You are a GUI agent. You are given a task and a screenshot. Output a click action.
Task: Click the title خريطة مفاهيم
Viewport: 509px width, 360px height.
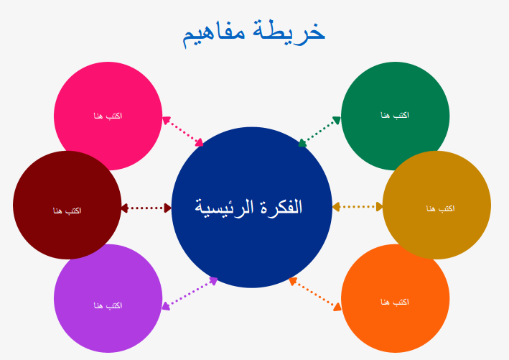(x=254, y=33)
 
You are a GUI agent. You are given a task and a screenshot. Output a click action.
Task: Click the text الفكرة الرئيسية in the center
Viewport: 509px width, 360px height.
(x=248, y=207)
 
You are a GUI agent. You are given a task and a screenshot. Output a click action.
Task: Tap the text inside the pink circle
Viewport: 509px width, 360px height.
(x=108, y=116)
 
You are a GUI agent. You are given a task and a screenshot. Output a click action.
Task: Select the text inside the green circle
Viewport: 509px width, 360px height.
(x=395, y=115)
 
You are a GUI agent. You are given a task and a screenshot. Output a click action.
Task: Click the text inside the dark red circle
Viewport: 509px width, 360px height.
(x=67, y=211)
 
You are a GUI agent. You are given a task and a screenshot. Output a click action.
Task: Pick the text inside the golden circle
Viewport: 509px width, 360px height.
(x=440, y=208)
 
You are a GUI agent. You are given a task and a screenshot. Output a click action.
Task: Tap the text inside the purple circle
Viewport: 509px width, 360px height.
(x=108, y=305)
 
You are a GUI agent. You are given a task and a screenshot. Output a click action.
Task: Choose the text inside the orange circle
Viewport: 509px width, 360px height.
(x=395, y=303)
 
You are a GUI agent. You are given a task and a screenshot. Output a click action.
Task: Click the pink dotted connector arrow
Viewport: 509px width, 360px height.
(x=183, y=131)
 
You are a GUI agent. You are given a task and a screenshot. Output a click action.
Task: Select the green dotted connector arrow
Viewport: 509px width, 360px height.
(x=319, y=131)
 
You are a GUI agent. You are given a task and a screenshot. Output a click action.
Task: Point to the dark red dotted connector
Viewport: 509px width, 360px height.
(x=146, y=208)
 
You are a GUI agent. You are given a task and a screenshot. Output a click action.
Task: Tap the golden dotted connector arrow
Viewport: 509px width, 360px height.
(x=358, y=207)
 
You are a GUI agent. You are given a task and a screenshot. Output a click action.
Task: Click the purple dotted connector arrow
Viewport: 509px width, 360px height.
(x=190, y=293)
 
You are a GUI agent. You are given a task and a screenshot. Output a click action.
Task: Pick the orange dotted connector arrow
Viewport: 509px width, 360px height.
(x=315, y=294)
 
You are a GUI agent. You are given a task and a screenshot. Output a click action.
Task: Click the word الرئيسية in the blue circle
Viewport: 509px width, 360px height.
(x=224, y=208)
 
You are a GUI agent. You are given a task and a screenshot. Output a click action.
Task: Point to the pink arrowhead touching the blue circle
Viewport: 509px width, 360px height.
(x=200, y=143)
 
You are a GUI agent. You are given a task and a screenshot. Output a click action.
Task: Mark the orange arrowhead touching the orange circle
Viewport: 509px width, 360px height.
(x=337, y=307)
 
